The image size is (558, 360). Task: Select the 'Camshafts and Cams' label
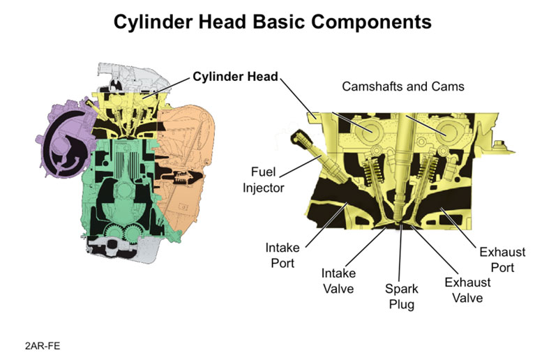(x=403, y=87)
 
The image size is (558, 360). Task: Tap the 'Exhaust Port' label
(x=504, y=259)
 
